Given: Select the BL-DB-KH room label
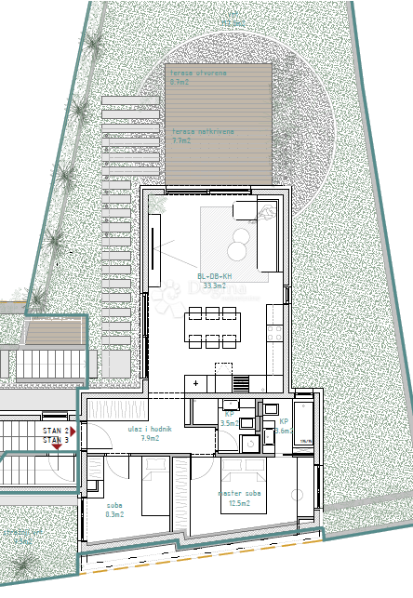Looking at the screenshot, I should [x=215, y=276].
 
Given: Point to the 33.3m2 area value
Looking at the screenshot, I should [x=215, y=286].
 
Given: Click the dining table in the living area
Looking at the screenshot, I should [x=212, y=327].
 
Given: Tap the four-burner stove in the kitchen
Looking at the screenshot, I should [x=242, y=383].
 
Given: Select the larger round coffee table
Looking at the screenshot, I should [x=238, y=250].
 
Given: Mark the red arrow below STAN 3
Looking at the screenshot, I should [x=58, y=447].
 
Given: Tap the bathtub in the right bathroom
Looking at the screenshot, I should [x=305, y=426].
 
